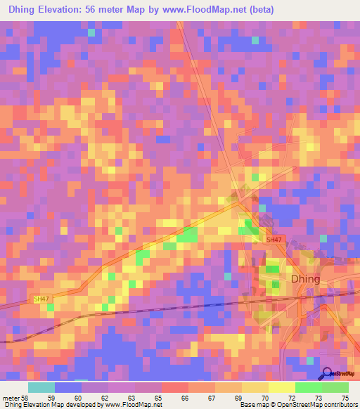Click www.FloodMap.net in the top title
199,10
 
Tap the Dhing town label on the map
305,279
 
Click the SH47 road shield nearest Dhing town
274,240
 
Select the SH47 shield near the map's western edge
42,299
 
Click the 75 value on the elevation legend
344,398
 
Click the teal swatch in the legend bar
41,387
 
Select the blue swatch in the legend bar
68,387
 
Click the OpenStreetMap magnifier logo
326,373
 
